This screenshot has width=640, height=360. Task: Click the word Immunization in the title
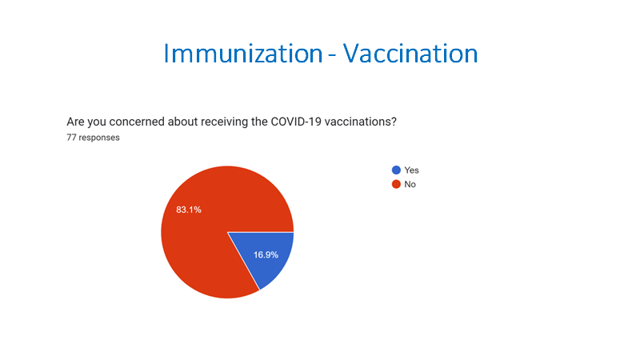click(243, 54)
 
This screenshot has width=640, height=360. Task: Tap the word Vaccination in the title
click(410, 54)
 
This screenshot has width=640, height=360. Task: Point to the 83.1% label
click(189, 210)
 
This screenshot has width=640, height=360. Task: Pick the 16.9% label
click(266, 255)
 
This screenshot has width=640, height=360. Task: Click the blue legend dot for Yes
click(396, 170)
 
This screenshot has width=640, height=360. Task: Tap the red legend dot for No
click(396, 185)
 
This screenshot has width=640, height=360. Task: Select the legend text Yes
click(411, 170)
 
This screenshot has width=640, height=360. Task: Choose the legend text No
click(410, 185)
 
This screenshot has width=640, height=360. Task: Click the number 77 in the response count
click(71, 138)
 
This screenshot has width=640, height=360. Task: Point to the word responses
click(99, 138)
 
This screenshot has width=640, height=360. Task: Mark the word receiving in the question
click(224, 122)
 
